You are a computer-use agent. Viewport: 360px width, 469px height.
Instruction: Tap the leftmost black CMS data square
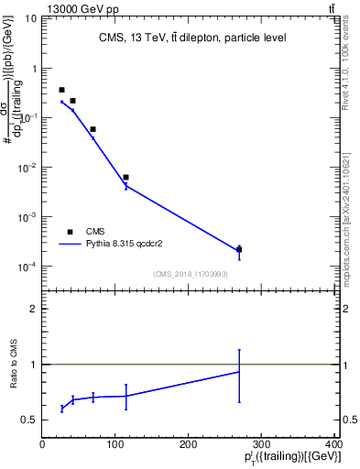(61, 90)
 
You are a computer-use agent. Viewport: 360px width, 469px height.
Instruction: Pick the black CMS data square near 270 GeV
(239, 249)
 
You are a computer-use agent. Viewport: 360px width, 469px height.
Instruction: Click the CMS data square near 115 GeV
(125, 177)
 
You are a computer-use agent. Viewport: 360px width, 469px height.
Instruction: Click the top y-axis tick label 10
(31, 19)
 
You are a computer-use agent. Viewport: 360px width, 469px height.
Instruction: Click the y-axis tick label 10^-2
(27, 168)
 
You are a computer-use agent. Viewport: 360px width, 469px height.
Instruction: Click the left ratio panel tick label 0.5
(29, 420)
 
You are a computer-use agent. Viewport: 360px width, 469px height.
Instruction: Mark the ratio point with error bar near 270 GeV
(239, 371)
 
